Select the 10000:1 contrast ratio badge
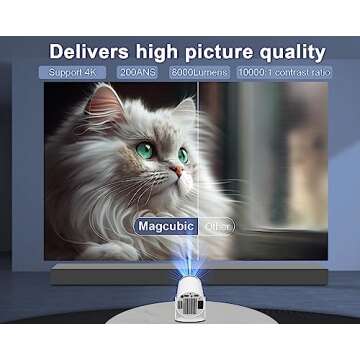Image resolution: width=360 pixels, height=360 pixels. tap(284, 73)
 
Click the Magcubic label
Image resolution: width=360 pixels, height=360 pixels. tap(164, 227)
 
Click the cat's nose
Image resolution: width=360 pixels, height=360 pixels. tap(175, 170)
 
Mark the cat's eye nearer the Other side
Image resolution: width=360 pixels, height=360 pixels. tap(183, 155)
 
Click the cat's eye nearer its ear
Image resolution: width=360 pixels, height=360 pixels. tap(146, 151)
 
